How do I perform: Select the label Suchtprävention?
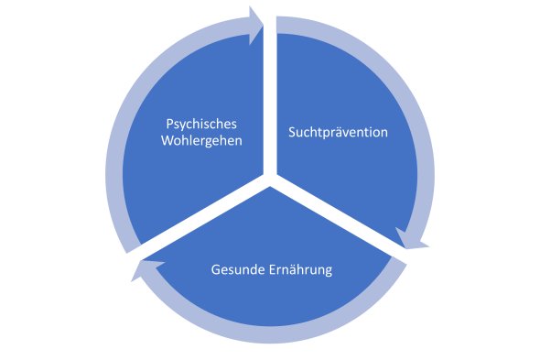[x=338, y=132]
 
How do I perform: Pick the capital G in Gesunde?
[x=215, y=270]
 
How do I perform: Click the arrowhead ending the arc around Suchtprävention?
[x=415, y=241]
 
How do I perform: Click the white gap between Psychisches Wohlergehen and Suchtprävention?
[x=270, y=101]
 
